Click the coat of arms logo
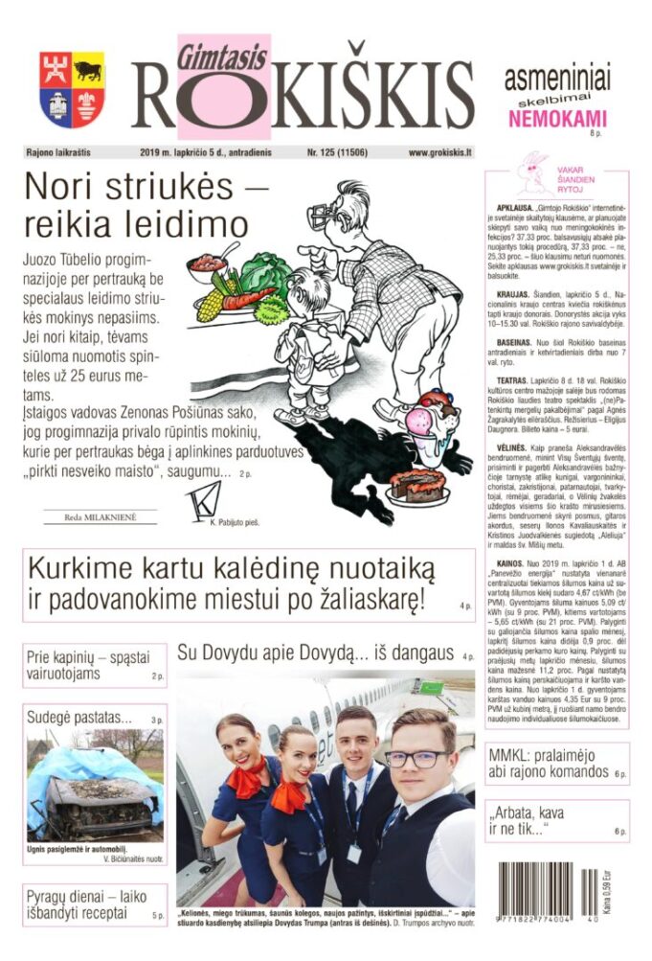[x=73, y=90]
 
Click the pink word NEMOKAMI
[x=557, y=119]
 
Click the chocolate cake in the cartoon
[x=417, y=483]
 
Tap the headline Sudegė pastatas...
[x=81, y=718]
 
